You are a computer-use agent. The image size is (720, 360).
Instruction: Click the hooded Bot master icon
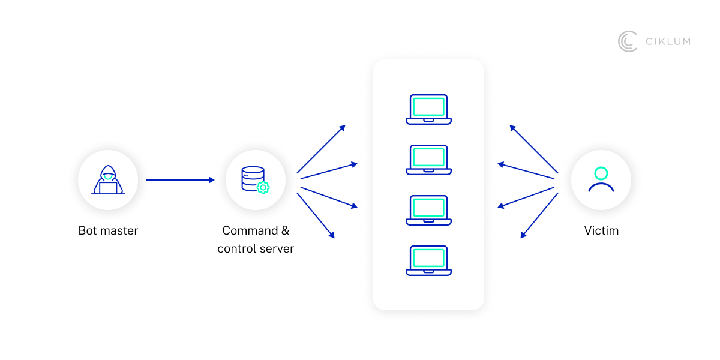click(108, 180)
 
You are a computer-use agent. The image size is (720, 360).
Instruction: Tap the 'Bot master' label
click(108, 230)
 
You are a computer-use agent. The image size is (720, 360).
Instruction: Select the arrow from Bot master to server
click(180, 180)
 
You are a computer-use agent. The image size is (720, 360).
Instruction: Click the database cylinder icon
click(253, 178)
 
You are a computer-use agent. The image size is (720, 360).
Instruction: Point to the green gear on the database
click(263, 187)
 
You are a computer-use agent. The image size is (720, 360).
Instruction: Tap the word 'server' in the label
click(276, 248)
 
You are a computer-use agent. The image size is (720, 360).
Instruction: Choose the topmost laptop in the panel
click(428, 109)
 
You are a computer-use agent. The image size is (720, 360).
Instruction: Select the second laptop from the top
click(428, 160)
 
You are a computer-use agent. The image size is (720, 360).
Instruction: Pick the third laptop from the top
click(428, 210)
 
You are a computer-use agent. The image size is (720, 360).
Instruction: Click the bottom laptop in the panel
click(428, 260)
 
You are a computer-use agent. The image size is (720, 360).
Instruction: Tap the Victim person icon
click(601, 180)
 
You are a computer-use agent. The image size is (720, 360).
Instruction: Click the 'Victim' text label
click(601, 230)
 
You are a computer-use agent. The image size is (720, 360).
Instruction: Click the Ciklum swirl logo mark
click(628, 41)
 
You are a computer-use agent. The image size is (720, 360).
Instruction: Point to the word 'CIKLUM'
click(668, 41)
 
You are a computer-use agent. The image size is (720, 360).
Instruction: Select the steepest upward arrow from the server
click(321, 149)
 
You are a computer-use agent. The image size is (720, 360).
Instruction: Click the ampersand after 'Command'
click(285, 230)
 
